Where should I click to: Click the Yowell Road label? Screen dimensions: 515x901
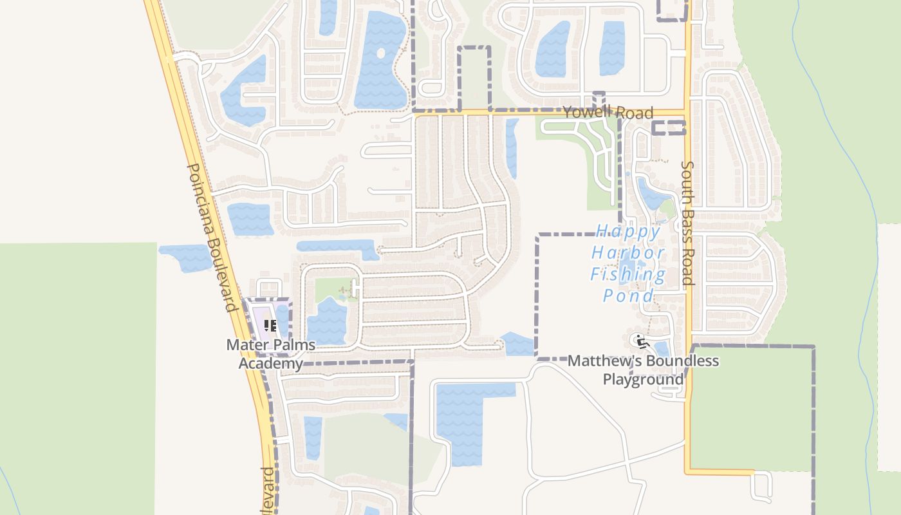coord(608,113)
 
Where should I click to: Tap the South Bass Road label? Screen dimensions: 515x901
coord(687,223)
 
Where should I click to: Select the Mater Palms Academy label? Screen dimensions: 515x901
coord(270,353)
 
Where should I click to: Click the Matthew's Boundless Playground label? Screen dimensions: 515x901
coord(643,370)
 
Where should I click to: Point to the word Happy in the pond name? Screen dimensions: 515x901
coord(628,231)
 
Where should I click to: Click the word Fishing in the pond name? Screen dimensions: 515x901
coord(628,275)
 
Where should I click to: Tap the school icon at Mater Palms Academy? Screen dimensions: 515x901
coord(270,326)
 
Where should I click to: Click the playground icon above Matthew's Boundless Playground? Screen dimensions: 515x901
coord(639,341)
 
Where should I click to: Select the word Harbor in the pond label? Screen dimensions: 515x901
coord(628,253)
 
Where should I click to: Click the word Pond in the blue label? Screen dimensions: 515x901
coord(628,296)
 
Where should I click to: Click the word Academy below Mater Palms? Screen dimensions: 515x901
coord(270,363)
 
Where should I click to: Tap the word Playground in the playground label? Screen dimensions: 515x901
coord(643,379)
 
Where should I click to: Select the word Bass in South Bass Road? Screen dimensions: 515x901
coord(687,222)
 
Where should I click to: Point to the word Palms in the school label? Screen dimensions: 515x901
coord(292,345)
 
